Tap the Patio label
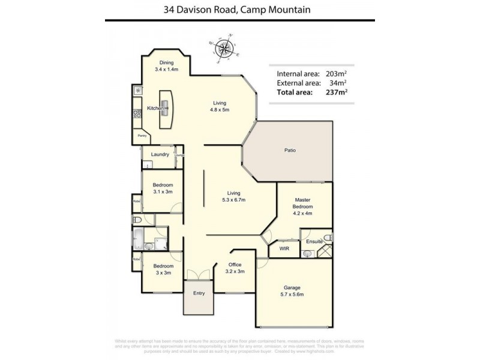click(x=290, y=151)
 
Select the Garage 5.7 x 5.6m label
click(x=292, y=290)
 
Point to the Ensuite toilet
click(x=326, y=236)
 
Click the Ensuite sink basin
click(x=308, y=254)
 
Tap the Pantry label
click(x=142, y=136)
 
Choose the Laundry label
click(x=160, y=154)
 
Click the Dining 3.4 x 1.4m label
click(x=166, y=67)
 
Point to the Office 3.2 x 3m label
click(x=235, y=268)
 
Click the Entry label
click(x=199, y=293)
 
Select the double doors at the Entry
click(x=199, y=275)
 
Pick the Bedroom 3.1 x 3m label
click(x=162, y=188)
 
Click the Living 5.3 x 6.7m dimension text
click(x=233, y=200)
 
